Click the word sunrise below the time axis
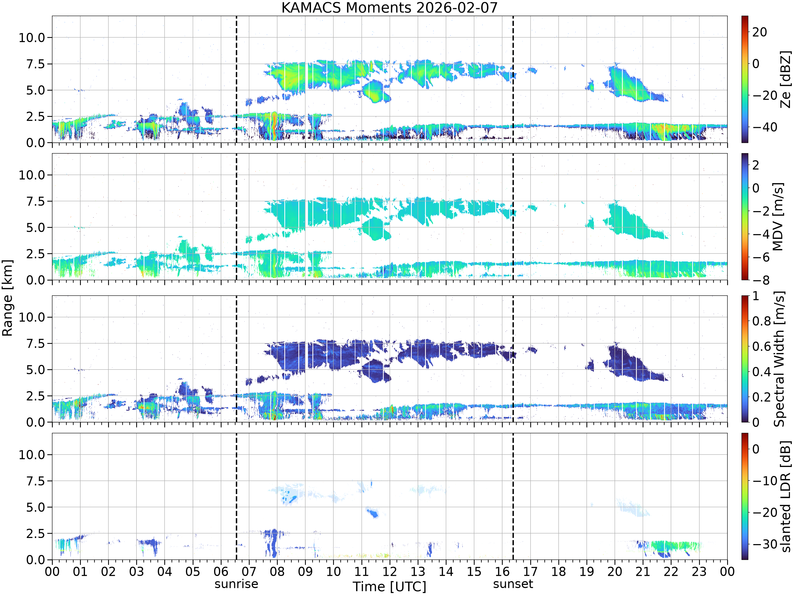(x=236, y=584)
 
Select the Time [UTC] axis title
(x=389, y=587)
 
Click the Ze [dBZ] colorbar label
(x=786, y=79)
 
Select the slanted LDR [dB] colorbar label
(x=786, y=496)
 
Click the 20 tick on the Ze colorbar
(x=759, y=32)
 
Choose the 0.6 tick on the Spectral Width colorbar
(x=762, y=346)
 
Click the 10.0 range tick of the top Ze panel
(x=32, y=37)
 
